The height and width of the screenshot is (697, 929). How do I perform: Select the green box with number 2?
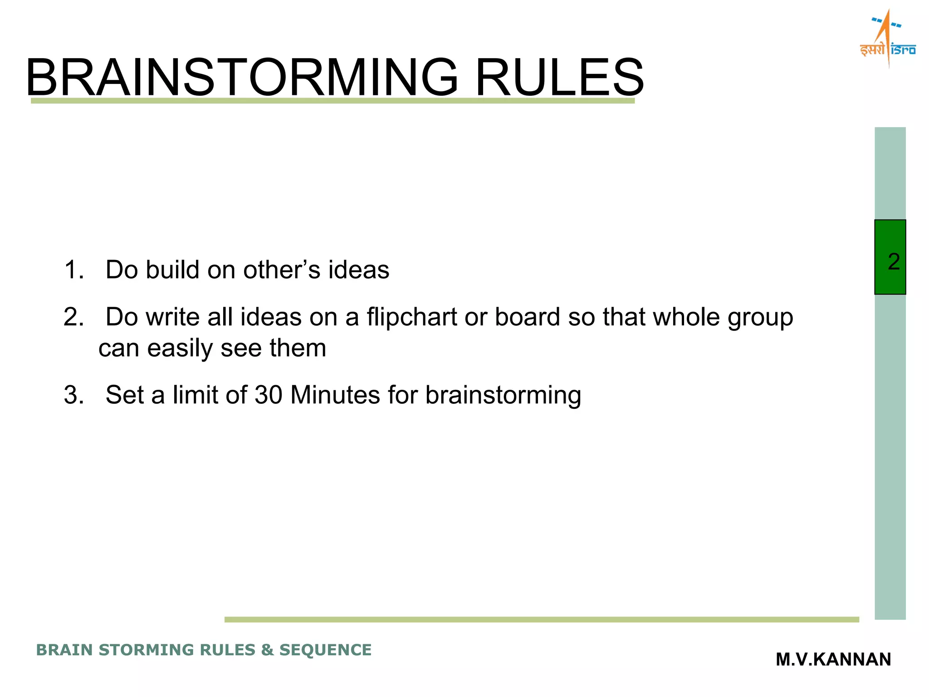click(890, 257)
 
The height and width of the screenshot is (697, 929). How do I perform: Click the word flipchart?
click(411, 317)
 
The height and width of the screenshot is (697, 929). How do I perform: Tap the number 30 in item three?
click(269, 395)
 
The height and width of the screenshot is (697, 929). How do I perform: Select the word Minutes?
click(335, 395)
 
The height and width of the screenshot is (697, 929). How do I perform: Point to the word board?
click(527, 317)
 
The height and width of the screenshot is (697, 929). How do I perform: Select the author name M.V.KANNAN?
click(833, 659)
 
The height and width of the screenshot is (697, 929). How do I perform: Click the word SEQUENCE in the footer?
click(325, 650)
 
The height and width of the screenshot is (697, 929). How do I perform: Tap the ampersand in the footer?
click(267, 650)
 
